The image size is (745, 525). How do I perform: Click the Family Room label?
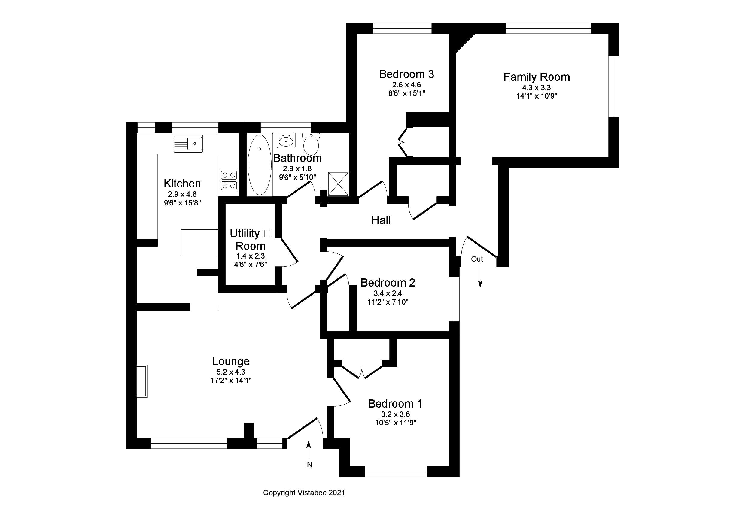[x=536, y=77]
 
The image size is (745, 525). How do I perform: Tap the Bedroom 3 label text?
[x=406, y=74]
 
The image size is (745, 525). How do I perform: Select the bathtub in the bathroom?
[x=260, y=165]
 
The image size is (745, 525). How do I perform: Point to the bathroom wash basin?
[x=286, y=141]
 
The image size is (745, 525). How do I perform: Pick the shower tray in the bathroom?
[x=338, y=184]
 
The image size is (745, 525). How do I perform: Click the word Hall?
[x=381, y=220]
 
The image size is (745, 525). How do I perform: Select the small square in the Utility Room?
[x=267, y=233]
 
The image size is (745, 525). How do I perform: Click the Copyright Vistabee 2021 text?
[x=304, y=493]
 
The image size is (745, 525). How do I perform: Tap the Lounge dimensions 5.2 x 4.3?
[x=231, y=372]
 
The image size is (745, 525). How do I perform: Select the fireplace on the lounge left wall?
[x=142, y=381]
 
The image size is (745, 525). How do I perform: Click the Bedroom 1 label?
[x=395, y=404]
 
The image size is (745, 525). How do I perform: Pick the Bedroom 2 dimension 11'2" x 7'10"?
[x=388, y=302]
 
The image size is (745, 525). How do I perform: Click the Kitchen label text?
[x=182, y=184]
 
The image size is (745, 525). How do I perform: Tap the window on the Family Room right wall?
[x=614, y=86]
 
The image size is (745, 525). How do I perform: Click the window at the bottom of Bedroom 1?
[x=396, y=472]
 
